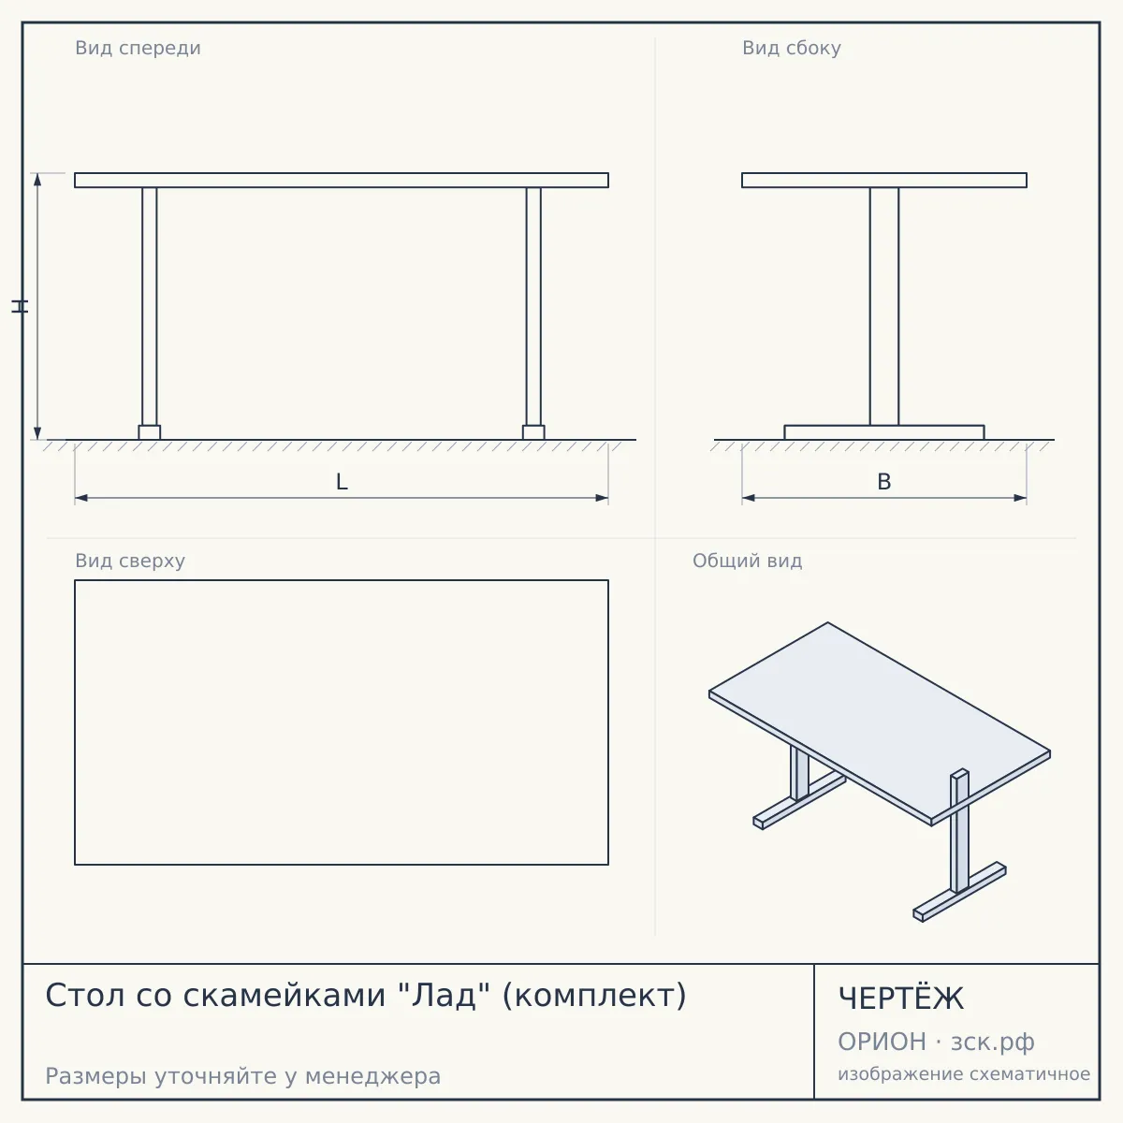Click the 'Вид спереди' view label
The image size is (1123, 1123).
[x=139, y=48]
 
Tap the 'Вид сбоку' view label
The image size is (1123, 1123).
[x=792, y=48]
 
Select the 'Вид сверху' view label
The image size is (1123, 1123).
[x=130, y=561]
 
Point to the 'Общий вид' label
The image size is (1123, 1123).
[x=747, y=561]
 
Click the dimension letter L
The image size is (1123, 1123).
[x=343, y=482]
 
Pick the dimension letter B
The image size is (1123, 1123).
[x=884, y=482]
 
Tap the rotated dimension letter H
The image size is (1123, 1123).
[x=20, y=306]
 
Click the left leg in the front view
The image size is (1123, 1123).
[x=149, y=306]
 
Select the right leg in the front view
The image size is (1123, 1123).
[x=533, y=306]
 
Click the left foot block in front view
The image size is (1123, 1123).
[x=149, y=432]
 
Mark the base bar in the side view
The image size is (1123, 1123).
[x=884, y=432]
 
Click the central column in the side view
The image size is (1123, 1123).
[x=884, y=306]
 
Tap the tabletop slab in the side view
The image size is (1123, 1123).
[x=884, y=180]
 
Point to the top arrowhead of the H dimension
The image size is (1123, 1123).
[x=37, y=179]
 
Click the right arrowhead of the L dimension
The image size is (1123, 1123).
[x=602, y=498]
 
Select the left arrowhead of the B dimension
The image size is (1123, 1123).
[x=749, y=498]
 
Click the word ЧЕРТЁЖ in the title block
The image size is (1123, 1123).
[x=901, y=999]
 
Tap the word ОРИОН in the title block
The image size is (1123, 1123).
[x=882, y=1042]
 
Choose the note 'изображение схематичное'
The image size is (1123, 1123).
[x=964, y=1073]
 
